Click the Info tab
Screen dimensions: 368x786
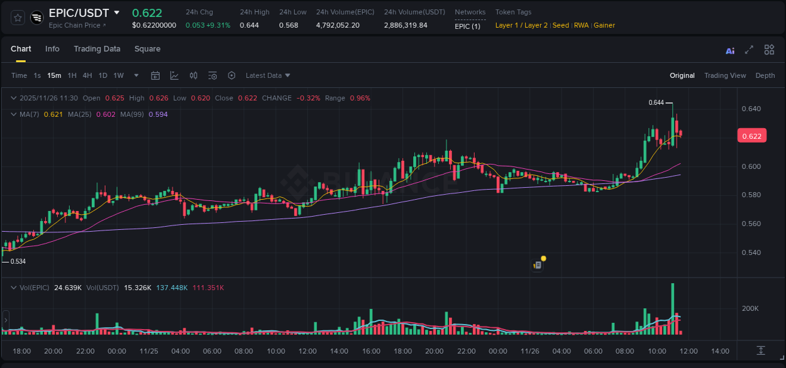click(52, 49)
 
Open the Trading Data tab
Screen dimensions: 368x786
click(97, 49)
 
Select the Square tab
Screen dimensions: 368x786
click(147, 49)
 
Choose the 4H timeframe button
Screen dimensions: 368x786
click(87, 75)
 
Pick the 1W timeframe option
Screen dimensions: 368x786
click(118, 75)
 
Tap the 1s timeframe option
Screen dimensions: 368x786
click(37, 75)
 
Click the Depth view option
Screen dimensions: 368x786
click(765, 75)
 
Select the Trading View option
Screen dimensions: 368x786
click(724, 75)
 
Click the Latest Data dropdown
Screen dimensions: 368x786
click(268, 75)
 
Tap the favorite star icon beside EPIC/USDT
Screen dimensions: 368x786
click(18, 18)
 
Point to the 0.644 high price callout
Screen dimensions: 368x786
click(656, 102)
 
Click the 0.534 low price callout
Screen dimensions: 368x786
click(18, 261)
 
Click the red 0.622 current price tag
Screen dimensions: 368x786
click(751, 136)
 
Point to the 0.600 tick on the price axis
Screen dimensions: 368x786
click(751, 166)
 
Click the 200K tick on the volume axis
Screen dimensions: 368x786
click(750, 308)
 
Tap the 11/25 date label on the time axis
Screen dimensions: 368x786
click(148, 351)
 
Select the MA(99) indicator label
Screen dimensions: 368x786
click(133, 114)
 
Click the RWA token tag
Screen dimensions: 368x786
click(581, 26)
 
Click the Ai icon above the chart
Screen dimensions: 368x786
click(730, 50)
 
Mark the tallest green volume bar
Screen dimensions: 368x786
click(673, 308)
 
